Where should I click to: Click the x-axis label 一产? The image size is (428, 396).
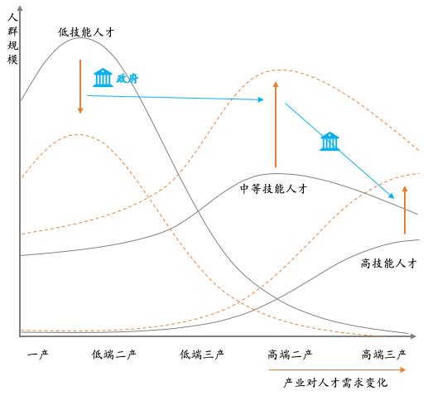(38, 354)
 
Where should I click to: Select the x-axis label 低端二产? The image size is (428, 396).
(113, 354)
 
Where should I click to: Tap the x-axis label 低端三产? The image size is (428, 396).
(202, 354)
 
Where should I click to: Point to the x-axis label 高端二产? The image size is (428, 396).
(290, 354)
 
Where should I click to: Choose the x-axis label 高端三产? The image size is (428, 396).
(384, 354)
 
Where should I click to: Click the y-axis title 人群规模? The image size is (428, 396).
(12, 38)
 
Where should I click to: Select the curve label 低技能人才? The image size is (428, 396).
(86, 32)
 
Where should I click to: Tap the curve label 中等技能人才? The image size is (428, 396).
(273, 189)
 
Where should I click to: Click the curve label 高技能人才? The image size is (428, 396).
(388, 263)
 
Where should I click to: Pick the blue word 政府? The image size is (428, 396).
(127, 79)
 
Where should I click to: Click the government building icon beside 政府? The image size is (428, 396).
(103, 78)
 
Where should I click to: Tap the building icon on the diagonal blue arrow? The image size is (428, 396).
(329, 142)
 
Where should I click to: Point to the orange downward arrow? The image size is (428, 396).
(80, 86)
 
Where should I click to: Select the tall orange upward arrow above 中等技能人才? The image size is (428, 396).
(276, 124)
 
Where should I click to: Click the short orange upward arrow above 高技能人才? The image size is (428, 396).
(405, 210)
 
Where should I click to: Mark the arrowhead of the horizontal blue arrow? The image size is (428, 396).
(261, 99)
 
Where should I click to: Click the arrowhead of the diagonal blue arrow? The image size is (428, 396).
(392, 196)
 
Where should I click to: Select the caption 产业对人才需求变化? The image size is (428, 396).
(335, 383)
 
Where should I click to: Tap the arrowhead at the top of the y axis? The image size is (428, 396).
(20, 7)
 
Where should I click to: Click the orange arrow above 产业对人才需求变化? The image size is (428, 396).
(337, 369)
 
